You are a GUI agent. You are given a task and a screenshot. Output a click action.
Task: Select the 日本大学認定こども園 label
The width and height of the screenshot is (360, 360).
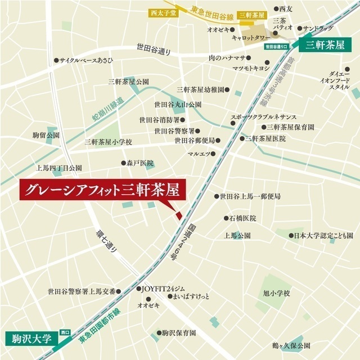tap(324, 236)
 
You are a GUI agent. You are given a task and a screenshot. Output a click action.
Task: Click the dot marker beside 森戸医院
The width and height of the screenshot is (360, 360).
tap(124, 163)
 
